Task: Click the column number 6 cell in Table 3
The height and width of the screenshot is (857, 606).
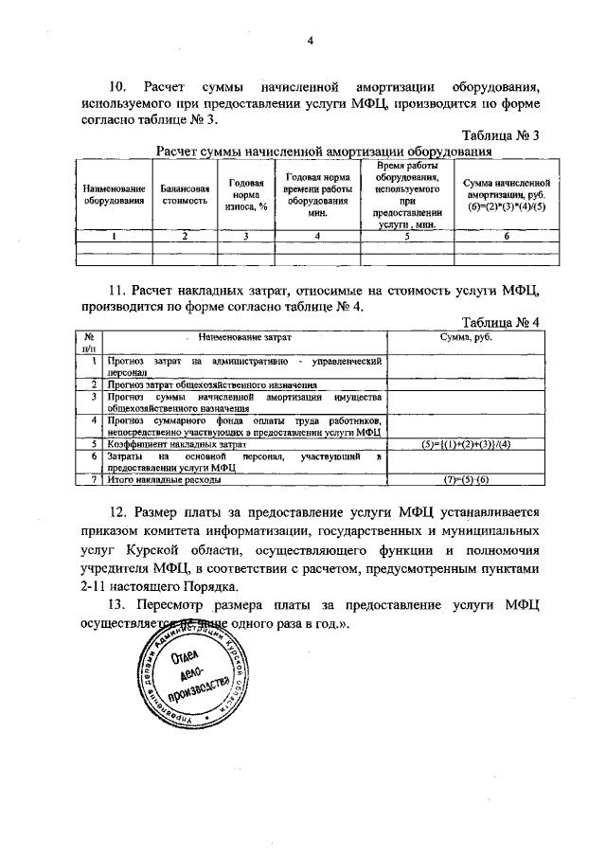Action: (507, 237)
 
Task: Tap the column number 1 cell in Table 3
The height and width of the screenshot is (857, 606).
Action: (114, 237)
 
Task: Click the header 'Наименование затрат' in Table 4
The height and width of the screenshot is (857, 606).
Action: (245, 337)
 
